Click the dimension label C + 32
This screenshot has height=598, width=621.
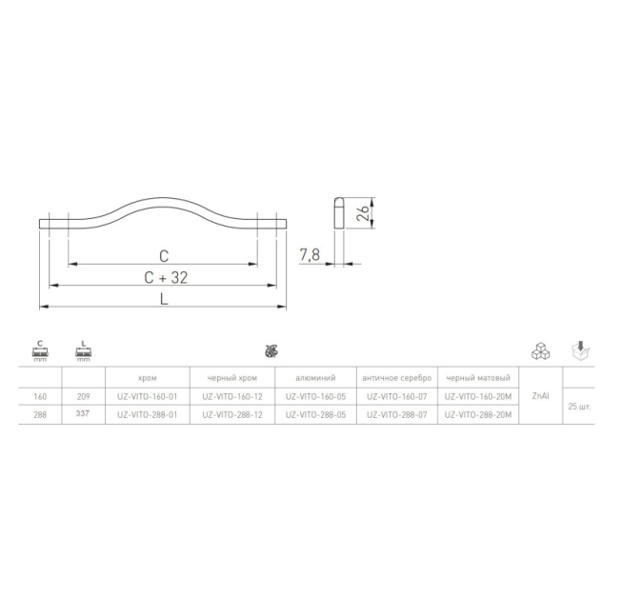(166, 278)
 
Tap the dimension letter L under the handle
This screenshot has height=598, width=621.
(164, 299)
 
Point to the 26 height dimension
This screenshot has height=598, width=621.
(363, 213)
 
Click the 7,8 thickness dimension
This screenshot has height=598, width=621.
(310, 255)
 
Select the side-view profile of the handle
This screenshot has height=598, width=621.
(339, 212)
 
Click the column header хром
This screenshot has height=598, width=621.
(148, 378)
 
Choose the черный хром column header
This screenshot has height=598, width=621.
(232, 378)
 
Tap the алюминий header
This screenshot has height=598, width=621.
(315, 378)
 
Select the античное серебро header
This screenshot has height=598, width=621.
(397, 378)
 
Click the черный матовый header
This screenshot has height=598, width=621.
(478, 378)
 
